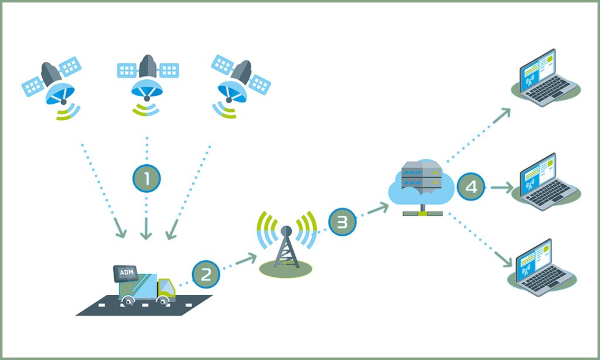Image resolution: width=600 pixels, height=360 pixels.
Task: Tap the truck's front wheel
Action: [x=163, y=300]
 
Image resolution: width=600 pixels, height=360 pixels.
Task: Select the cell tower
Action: [x=287, y=243]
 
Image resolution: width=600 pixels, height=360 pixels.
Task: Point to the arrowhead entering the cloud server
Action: [x=384, y=206]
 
